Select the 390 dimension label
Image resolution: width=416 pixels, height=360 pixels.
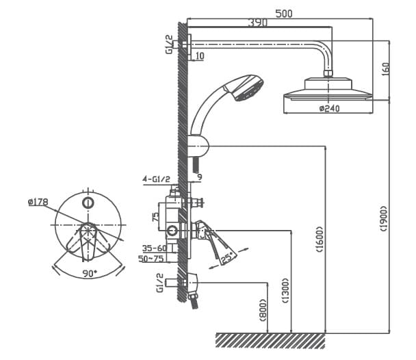pyautogui.click(x=257, y=23)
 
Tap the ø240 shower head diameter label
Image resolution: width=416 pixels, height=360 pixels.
pyautogui.click(x=329, y=108)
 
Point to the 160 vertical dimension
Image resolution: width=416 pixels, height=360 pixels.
pyautogui.click(x=386, y=70)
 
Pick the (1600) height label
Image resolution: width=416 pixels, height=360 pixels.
pyautogui.click(x=320, y=240)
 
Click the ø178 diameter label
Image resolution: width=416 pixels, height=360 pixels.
pyautogui.click(x=38, y=201)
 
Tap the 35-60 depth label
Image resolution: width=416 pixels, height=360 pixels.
pyautogui.click(x=154, y=248)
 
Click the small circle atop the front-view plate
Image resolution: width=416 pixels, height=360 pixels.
pyautogui.click(x=88, y=203)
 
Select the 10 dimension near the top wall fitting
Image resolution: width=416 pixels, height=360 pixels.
pyautogui.click(x=199, y=55)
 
